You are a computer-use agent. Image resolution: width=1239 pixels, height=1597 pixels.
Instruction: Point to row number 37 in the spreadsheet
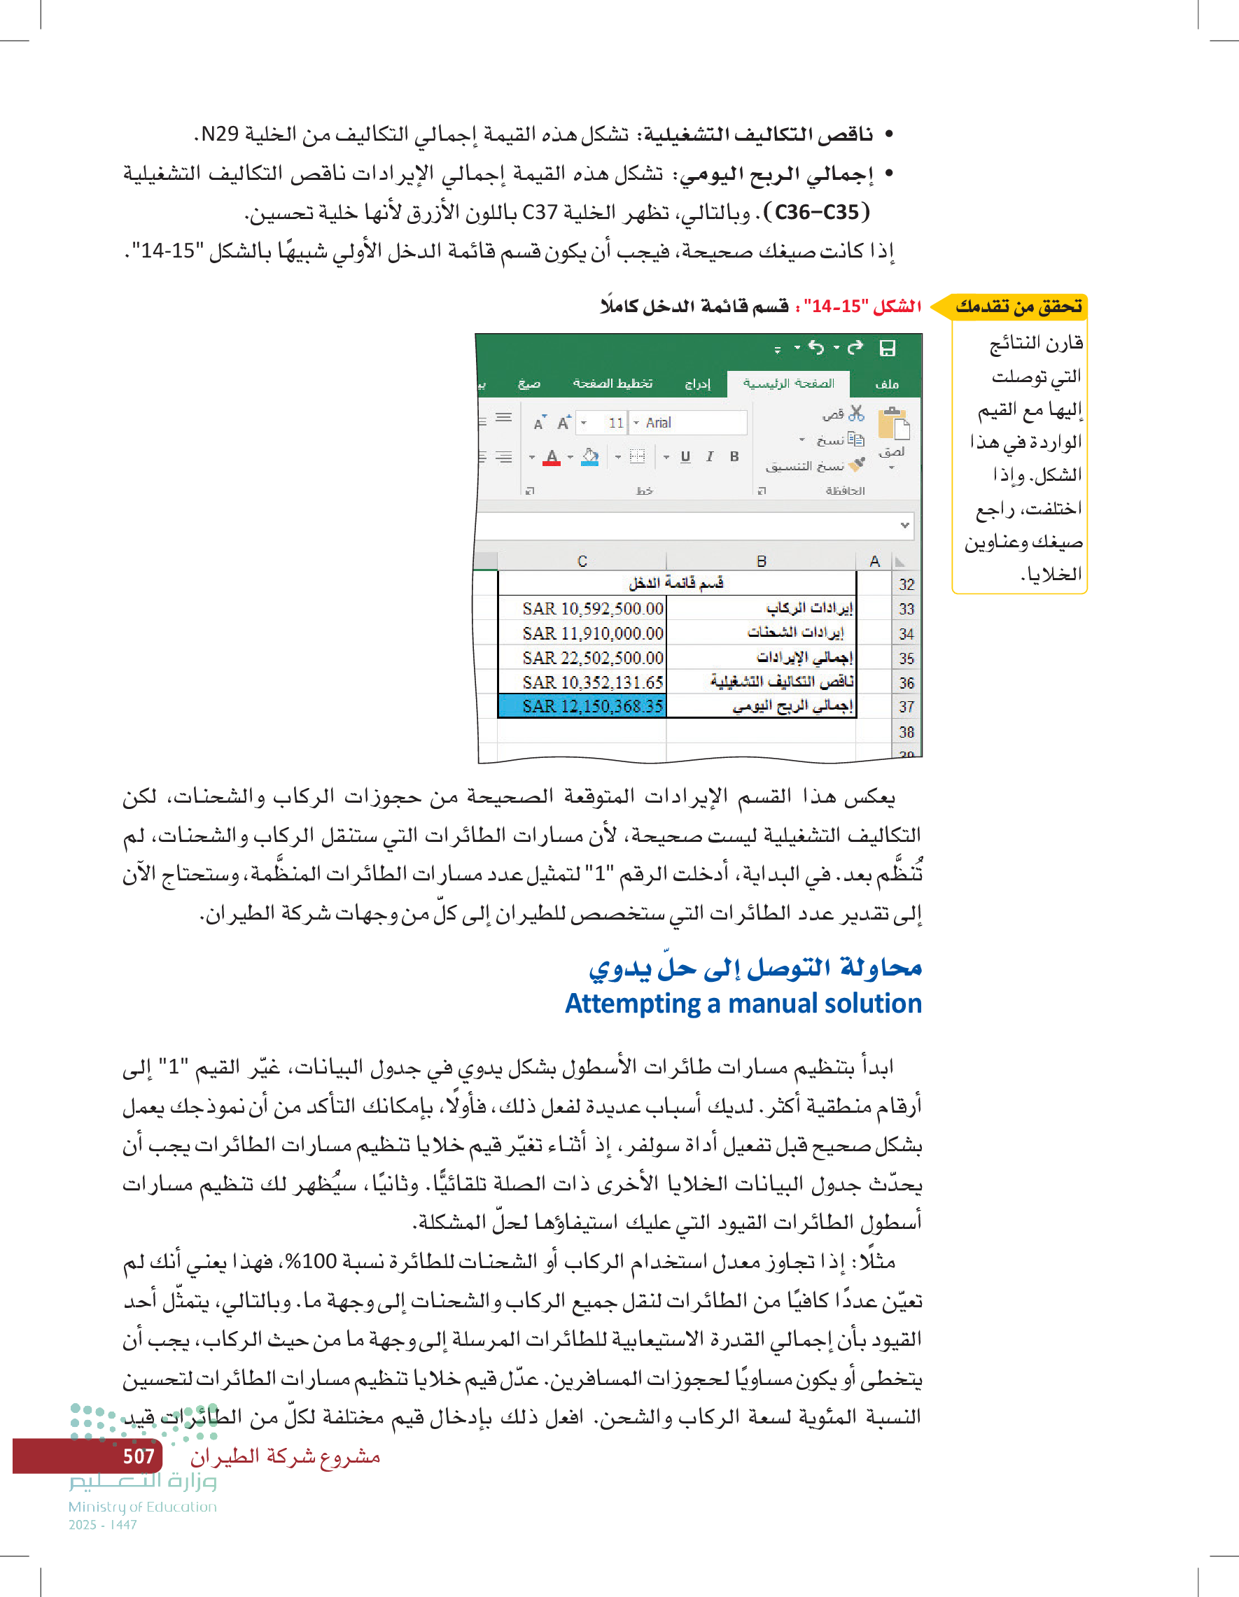(906, 707)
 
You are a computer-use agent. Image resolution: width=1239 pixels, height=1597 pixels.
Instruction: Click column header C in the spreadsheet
(582, 561)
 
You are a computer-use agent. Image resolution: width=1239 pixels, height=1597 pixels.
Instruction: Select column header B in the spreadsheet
(761, 561)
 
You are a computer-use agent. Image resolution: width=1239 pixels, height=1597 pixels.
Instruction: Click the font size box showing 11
(615, 423)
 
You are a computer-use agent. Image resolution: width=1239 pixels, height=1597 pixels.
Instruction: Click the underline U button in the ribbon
(685, 457)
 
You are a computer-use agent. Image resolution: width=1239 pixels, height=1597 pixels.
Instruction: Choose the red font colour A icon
(552, 458)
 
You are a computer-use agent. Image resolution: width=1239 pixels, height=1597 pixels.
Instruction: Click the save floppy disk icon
(887, 348)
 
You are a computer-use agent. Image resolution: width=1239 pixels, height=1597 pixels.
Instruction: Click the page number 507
(138, 1456)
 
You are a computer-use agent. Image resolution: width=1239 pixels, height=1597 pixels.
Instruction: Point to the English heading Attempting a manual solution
(743, 1004)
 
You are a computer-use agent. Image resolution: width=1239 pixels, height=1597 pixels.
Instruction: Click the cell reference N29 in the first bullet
(219, 134)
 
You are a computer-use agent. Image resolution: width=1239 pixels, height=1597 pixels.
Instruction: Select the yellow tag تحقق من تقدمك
(1018, 307)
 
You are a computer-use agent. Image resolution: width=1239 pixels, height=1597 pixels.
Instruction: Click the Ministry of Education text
(143, 1507)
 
